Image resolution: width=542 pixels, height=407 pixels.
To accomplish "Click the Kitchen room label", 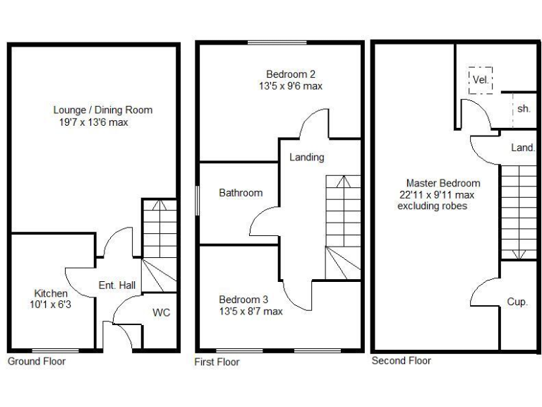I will click(51, 293).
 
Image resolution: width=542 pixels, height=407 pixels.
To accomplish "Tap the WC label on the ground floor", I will click(162, 312).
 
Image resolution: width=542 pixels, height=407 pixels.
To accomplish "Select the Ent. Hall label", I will click(117, 285).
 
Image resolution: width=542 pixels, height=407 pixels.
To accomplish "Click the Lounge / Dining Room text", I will click(102, 110).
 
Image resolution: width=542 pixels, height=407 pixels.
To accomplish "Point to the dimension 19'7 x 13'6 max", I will click(94, 122).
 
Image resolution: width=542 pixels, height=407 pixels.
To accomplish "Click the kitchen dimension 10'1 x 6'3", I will click(52, 305).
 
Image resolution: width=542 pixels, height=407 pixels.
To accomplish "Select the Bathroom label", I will click(241, 192).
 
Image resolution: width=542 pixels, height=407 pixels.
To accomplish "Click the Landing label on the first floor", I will click(306, 157).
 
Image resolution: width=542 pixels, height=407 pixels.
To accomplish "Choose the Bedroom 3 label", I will click(243, 299).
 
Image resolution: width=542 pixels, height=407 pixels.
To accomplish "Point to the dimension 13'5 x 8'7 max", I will click(251, 311).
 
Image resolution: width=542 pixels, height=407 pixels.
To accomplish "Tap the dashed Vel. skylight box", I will click(480, 79).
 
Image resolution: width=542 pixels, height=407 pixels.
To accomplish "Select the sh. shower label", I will click(524, 109).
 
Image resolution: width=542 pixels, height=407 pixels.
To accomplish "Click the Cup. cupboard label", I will click(517, 302).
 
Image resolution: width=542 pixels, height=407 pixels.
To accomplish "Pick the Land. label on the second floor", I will click(523, 148).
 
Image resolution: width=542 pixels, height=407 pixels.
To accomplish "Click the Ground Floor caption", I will click(37, 361).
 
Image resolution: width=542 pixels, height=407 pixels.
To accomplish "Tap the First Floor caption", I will click(217, 362).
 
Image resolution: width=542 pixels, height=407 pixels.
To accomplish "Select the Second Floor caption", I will click(401, 360).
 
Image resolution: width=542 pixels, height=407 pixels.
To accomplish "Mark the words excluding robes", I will click(433, 206).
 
